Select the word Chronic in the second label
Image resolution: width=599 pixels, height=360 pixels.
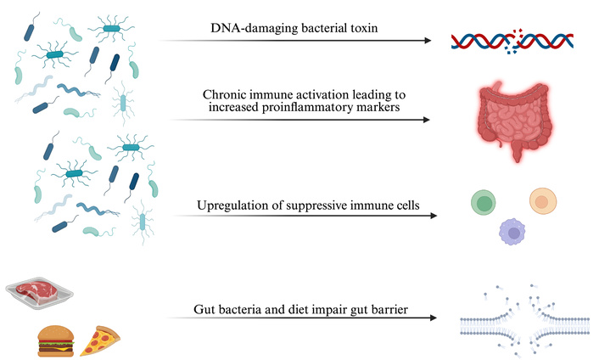tap(227, 95)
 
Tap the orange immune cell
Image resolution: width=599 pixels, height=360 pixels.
tap(542, 201)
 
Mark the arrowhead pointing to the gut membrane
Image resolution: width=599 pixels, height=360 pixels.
tap(434, 317)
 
